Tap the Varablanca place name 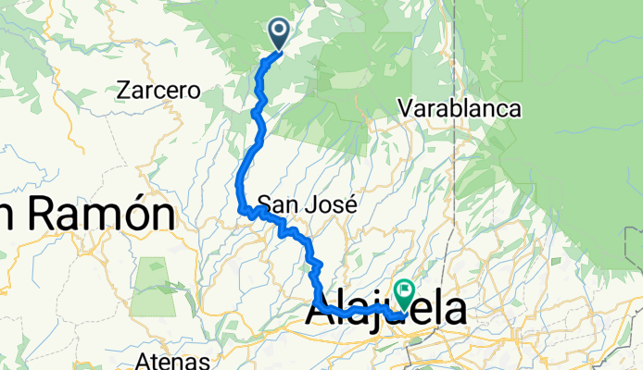pos(460,109)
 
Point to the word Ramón pos(102,215)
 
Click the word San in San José pos(276,203)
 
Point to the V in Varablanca pos(405,109)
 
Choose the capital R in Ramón pos(43,215)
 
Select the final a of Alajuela pos(454,314)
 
